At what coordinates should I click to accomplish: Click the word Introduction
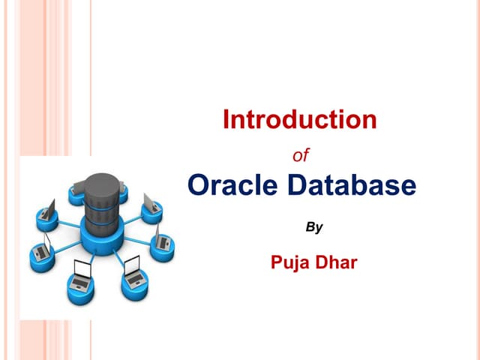click(x=300, y=119)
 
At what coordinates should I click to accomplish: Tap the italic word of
click(x=300, y=156)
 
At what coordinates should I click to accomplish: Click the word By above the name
click(x=315, y=226)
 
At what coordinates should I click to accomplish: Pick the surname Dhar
click(x=339, y=263)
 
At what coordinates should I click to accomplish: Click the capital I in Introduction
click(x=226, y=119)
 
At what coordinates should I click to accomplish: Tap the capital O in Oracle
click(x=198, y=184)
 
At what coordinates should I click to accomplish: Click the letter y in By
click(x=319, y=228)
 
